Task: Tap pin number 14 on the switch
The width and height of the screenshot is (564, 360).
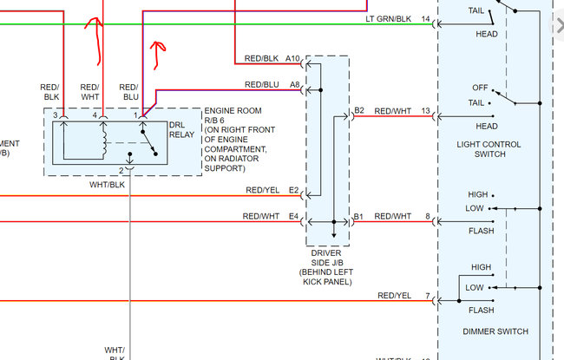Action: coord(425,18)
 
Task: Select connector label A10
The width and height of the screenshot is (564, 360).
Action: coord(293,58)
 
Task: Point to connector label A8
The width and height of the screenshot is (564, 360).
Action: coord(295,84)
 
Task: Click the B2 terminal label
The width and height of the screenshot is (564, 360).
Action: coord(359,110)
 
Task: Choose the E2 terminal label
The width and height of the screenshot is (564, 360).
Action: coord(294,190)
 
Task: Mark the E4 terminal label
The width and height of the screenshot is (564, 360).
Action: coord(294,216)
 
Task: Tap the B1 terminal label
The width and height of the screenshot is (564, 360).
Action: coord(359,216)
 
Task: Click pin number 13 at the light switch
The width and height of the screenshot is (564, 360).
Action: coord(425,110)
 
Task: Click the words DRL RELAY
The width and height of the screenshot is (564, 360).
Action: coord(182,129)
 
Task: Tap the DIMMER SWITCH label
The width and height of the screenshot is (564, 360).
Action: coord(494,331)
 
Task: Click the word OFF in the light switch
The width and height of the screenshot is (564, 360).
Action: coord(479,88)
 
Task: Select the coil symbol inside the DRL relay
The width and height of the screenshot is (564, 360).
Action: coord(104,139)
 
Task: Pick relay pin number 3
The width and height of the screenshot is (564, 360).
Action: coord(55,115)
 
